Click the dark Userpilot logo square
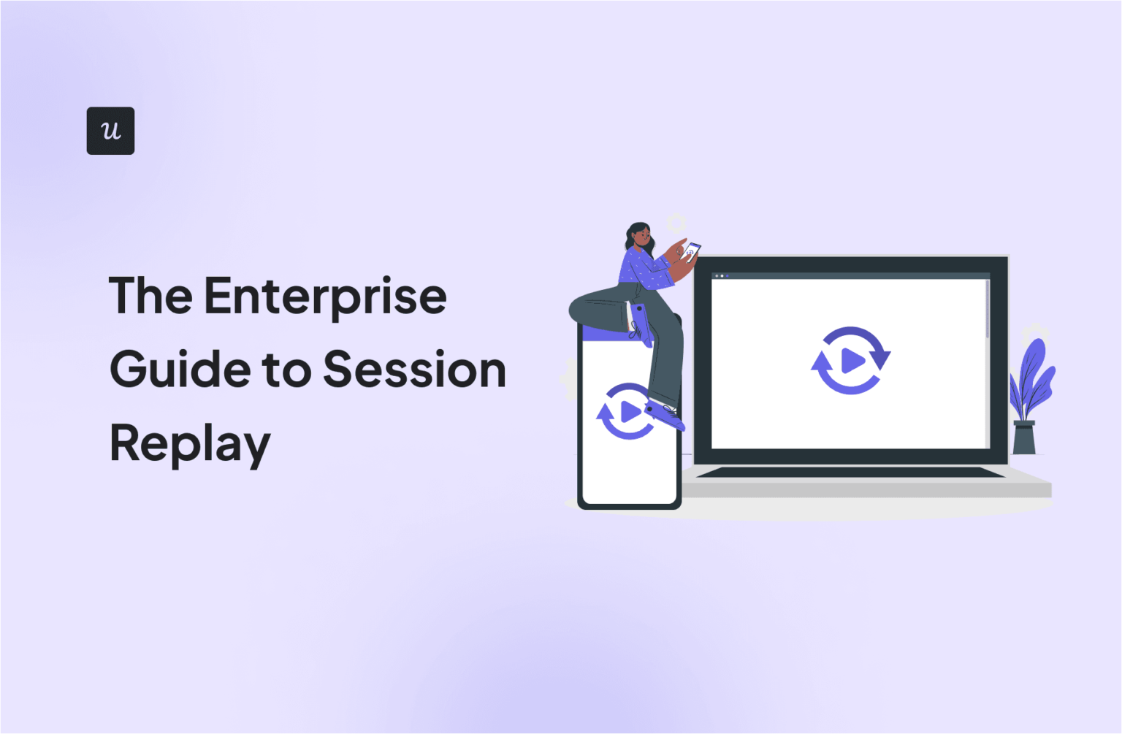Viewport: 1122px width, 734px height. pyautogui.click(x=110, y=131)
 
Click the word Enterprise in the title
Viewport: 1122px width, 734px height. pyautogui.click(x=325, y=297)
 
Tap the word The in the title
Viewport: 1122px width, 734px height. pyautogui.click(x=150, y=296)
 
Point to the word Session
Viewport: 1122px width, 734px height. pyautogui.click(x=414, y=370)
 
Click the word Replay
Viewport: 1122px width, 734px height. pyautogui.click(x=189, y=444)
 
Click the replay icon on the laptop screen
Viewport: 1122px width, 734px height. pyautogui.click(x=850, y=361)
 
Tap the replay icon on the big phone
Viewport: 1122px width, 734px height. pyautogui.click(x=626, y=412)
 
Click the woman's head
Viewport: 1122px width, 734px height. pyautogui.click(x=638, y=236)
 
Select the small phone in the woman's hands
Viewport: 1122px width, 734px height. pyautogui.click(x=690, y=253)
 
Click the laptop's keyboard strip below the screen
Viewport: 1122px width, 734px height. pyautogui.click(x=850, y=473)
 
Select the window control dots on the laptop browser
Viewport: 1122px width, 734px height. pyautogui.click(x=721, y=276)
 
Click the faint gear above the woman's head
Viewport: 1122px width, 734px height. pyautogui.click(x=676, y=223)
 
